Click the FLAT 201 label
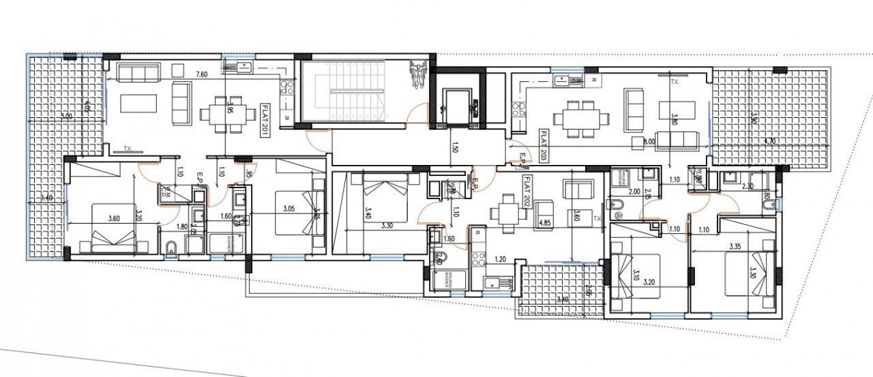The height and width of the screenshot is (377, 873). tap(265, 121)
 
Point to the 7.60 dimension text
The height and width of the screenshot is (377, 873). tap(201, 74)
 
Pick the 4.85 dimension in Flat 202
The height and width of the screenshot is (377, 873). tap(544, 222)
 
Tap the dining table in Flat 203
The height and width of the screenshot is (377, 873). tap(581, 118)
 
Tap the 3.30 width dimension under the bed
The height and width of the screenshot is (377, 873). tap(387, 225)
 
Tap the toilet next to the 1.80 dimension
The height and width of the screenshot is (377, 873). tap(171, 247)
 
